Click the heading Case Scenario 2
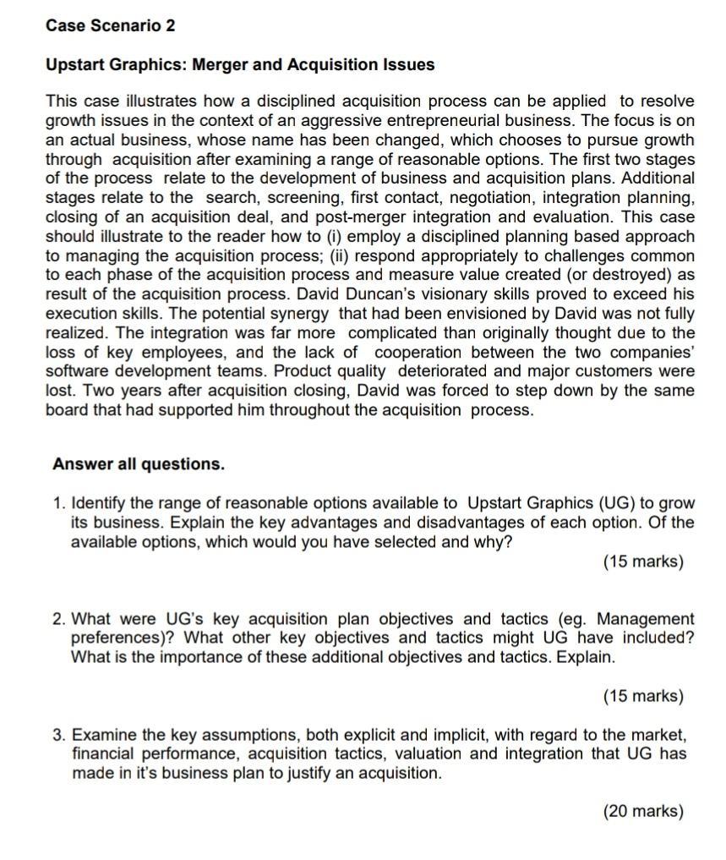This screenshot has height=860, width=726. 111,25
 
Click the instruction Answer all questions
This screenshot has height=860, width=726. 139,464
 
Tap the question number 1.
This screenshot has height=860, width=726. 58,504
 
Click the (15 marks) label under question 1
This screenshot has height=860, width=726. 642,561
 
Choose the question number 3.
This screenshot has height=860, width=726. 58,734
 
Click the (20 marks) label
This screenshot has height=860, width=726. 642,812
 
